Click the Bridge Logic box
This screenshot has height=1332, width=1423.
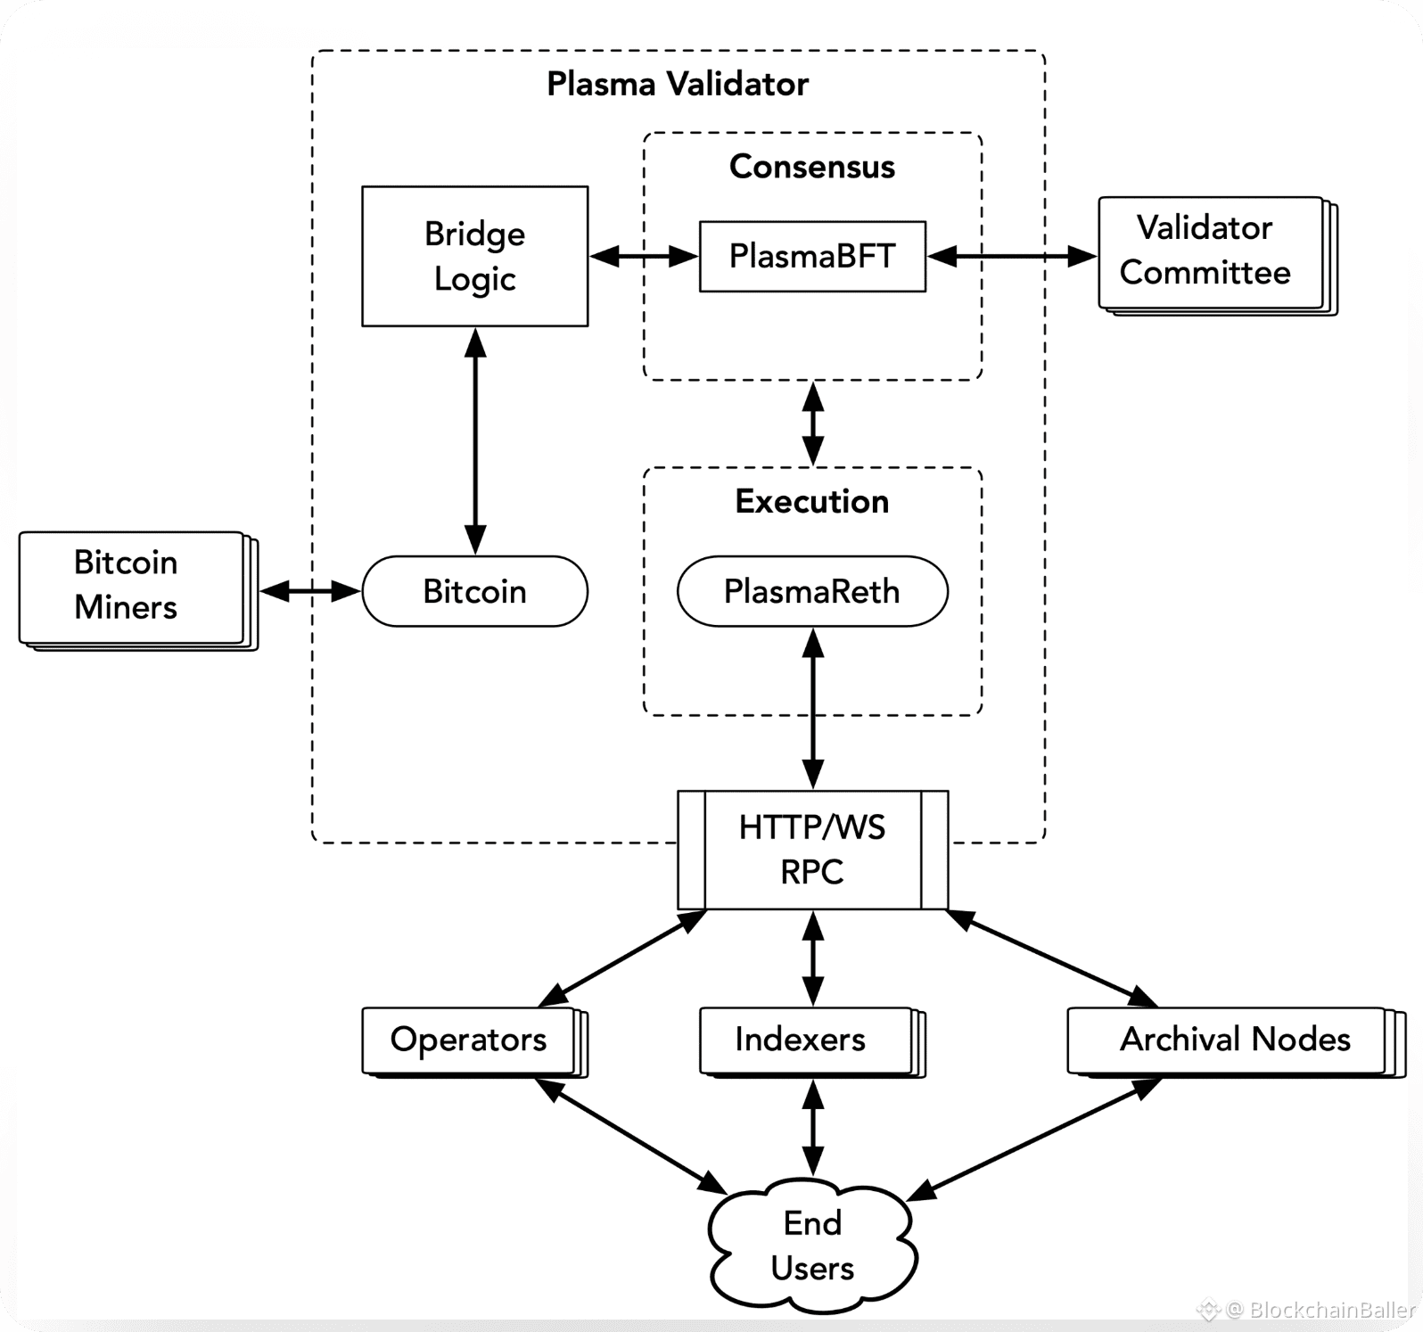point(474,256)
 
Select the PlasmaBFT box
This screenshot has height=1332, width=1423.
point(812,256)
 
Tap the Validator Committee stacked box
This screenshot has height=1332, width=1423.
point(1210,252)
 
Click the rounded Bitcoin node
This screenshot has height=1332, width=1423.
point(474,591)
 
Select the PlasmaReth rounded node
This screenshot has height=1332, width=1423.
point(812,591)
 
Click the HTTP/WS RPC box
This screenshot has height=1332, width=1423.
point(812,849)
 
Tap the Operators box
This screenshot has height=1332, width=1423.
point(469,1040)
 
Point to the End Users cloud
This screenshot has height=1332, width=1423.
point(812,1246)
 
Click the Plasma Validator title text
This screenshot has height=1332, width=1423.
point(678,84)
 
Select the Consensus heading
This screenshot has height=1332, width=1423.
point(812,167)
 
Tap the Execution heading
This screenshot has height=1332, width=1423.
point(812,501)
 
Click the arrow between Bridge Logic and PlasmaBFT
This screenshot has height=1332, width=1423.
point(644,257)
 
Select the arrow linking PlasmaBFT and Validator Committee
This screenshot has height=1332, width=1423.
point(1012,257)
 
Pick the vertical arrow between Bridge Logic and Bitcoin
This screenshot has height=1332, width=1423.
point(475,440)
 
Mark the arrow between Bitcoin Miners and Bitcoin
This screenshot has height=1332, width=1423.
point(310,590)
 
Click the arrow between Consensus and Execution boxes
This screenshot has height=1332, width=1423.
point(812,423)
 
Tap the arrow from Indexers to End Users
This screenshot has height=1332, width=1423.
point(812,1128)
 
